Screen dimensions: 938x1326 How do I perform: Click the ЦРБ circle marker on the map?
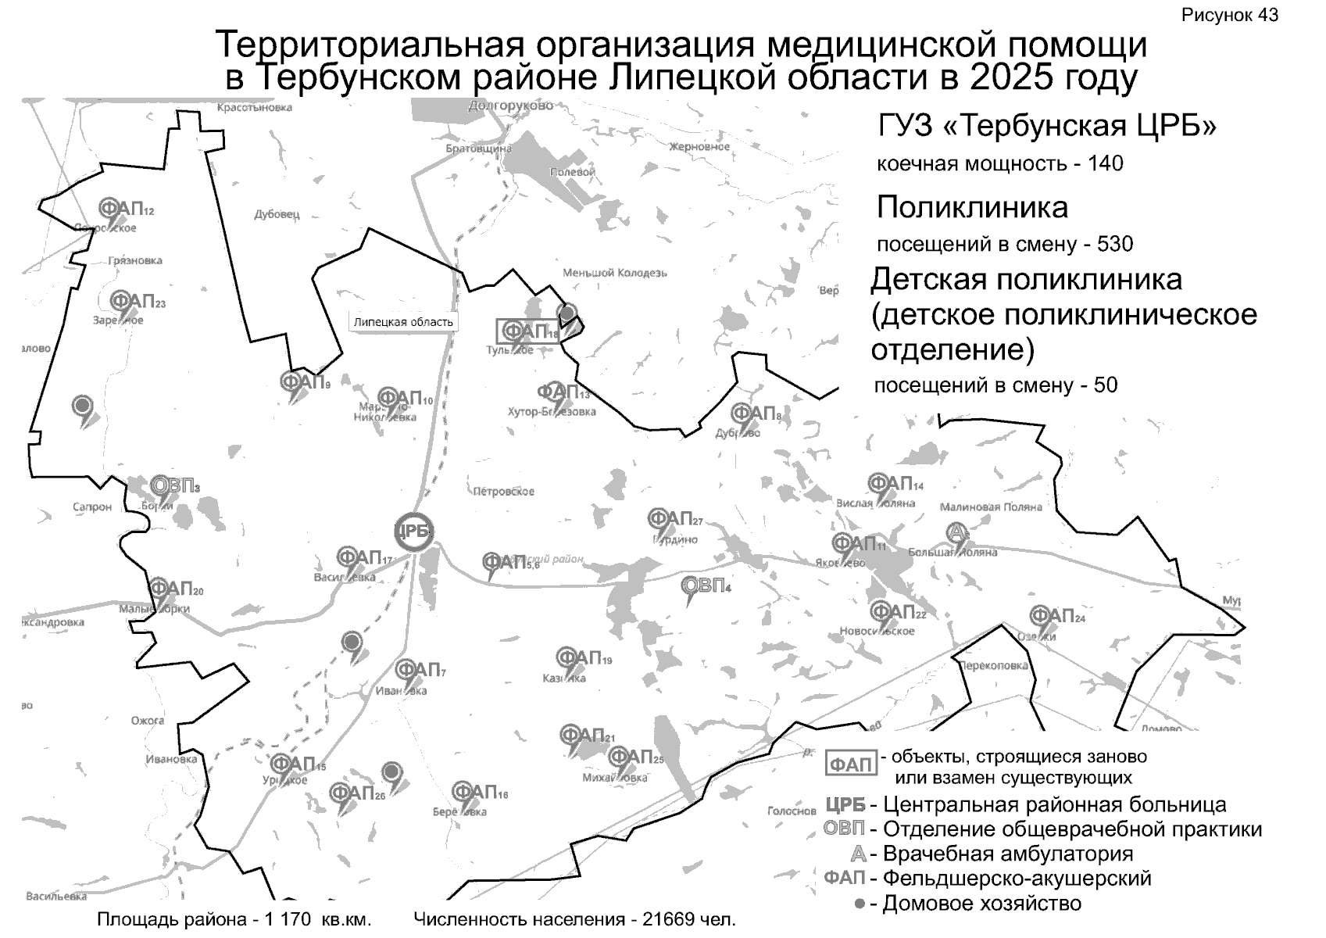click(413, 532)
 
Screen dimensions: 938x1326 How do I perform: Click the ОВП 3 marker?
click(173, 486)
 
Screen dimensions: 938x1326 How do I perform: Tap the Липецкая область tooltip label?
click(402, 321)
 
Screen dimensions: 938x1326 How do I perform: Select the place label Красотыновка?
click(254, 107)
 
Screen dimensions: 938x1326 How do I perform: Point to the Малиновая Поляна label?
click(991, 507)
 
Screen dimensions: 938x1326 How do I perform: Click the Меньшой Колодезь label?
click(615, 273)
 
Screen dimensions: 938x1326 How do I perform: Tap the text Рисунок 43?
click(1230, 15)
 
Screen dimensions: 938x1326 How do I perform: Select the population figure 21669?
click(666, 919)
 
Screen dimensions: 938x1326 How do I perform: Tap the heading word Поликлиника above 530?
click(972, 207)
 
